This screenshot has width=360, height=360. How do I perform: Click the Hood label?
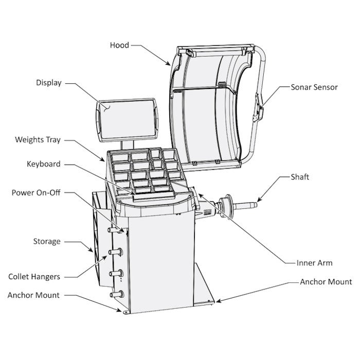[x=119, y=45]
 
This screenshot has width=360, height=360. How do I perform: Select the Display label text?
[x=48, y=82]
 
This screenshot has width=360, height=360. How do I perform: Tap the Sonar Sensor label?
[x=314, y=87]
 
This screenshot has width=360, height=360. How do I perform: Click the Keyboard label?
[x=44, y=164]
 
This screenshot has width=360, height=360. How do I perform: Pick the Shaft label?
[x=299, y=177]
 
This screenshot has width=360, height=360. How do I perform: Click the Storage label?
[x=47, y=241]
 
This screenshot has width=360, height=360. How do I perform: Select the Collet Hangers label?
[x=34, y=277]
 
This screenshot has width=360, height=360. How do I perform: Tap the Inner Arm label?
[x=315, y=263]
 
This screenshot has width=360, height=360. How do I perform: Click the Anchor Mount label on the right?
[x=326, y=282]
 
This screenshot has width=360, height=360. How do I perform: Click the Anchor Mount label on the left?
[x=33, y=295]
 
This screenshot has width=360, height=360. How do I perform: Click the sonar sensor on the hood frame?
[x=260, y=110]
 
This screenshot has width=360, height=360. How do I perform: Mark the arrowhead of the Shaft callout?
[x=259, y=200]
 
